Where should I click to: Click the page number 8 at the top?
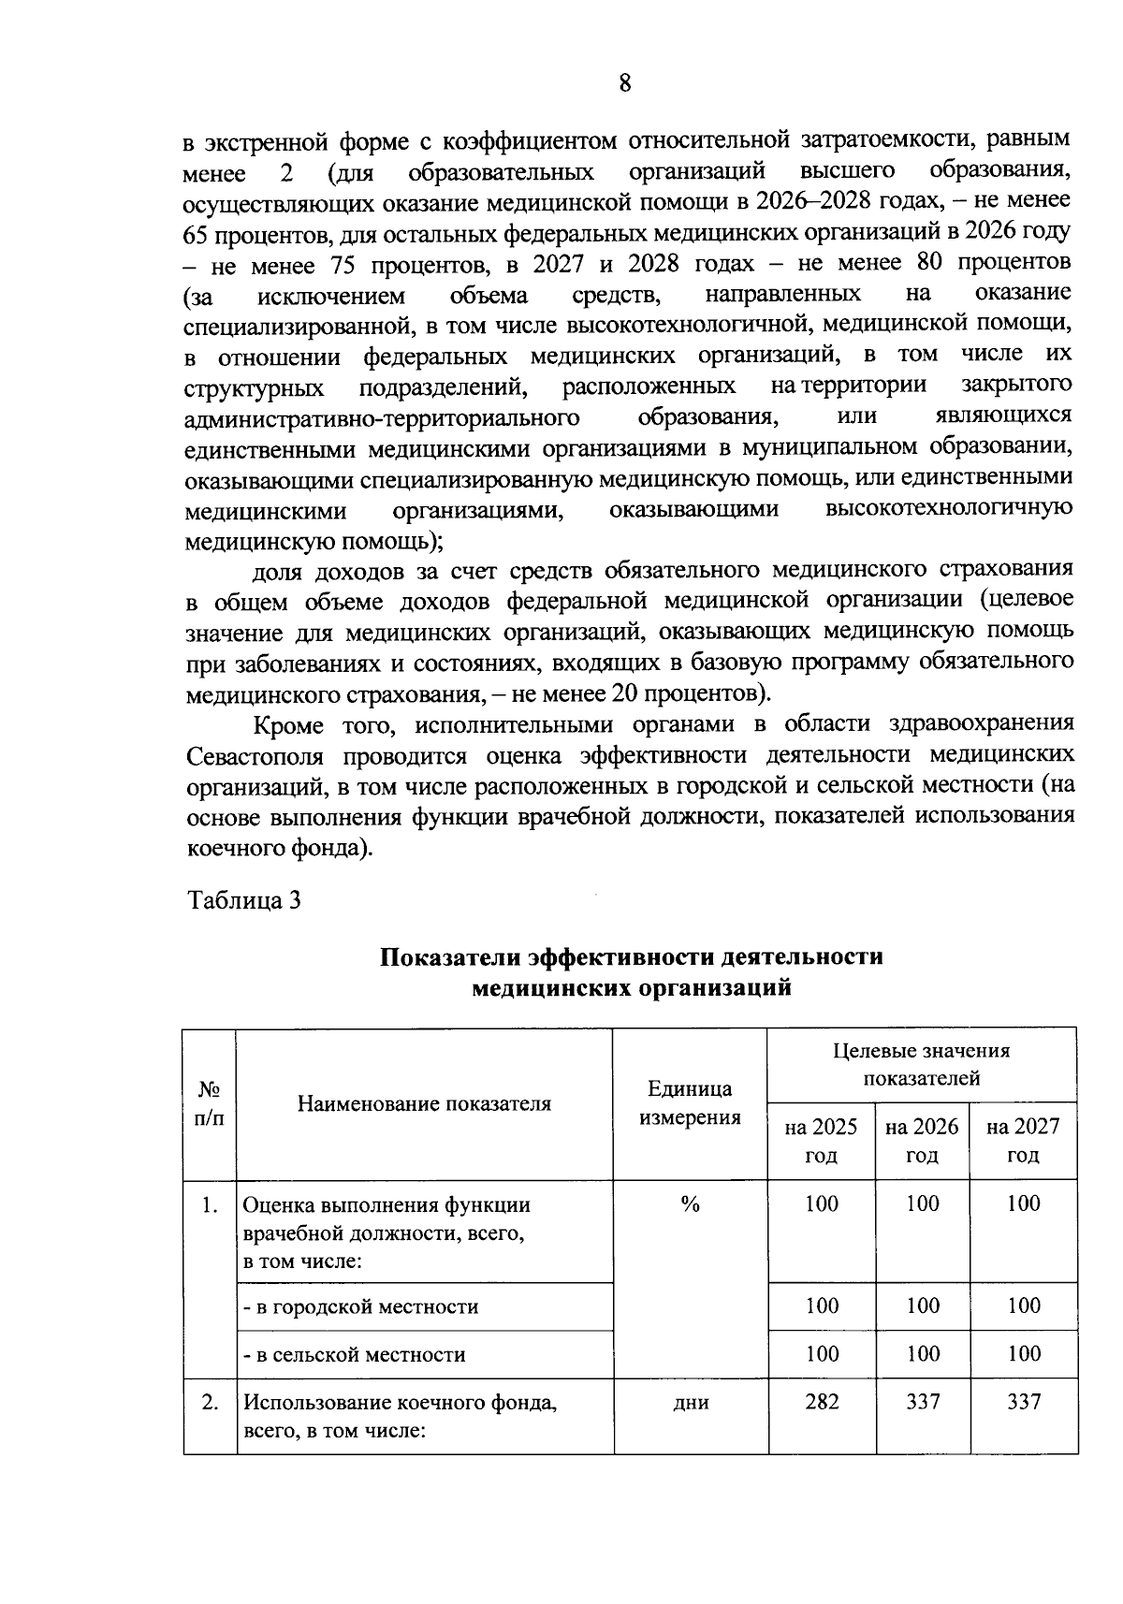tap(625, 83)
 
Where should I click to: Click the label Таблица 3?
tap(244, 900)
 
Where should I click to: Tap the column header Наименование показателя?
tap(424, 1103)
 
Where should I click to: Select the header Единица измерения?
tap(690, 1103)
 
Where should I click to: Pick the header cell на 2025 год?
tap(821, 1140)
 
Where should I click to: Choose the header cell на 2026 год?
tap(922, 1140)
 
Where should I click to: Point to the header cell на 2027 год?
tap(1023, 1140)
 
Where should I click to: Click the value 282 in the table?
tap(822, 1401)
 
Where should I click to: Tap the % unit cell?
tap(690, 1204)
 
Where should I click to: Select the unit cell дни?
tap(691, 1403)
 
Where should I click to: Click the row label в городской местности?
tap(360, 1306)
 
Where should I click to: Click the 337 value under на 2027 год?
tap(1024, 1401)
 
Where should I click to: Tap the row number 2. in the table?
tap(211, 1402)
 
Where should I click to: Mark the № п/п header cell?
tap(210, 1103)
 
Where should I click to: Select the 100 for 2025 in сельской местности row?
tap(822, 1353)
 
